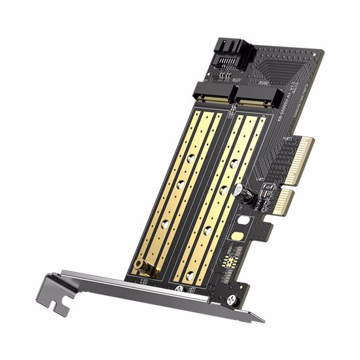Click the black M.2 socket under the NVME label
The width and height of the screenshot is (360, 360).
(254, 99)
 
